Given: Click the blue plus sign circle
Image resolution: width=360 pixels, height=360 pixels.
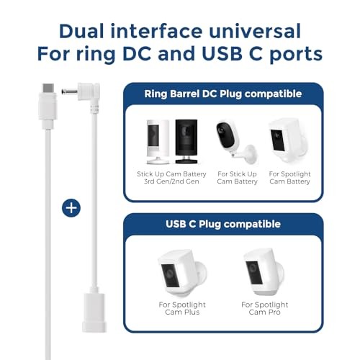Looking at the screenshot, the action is pyautogui.click(x=71, y=208).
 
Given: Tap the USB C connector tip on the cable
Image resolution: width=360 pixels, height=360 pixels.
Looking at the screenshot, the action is pyautogui.click(x=48, y=88).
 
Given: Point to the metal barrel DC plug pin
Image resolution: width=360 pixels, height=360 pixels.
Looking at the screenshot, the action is pyautogui.click(x=69, y=91).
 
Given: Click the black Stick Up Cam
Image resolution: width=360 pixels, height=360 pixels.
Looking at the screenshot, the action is pyautogui.click(x=186, y=141).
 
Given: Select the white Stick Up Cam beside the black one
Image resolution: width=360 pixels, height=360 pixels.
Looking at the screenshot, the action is pyautogui.click(x=158, y=142).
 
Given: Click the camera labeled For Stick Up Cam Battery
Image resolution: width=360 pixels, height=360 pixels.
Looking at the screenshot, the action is pyautogui.click(x=237, y=143).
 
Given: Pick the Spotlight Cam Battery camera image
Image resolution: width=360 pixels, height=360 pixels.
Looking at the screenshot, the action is pyautogui.click(x=289, y=140).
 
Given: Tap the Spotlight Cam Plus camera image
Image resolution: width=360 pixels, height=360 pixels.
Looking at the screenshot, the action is pyautogui.click(x=182, y=274).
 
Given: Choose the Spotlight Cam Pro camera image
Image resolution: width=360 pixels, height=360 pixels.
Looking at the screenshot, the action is pyautogui.click(x=264, y=272).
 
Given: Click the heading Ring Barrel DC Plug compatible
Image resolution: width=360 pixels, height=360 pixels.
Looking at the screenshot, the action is pyautogui.click(x=223, y=94).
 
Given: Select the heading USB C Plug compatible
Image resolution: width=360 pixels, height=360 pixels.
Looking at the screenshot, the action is pyautogui.click(x=223, y=224).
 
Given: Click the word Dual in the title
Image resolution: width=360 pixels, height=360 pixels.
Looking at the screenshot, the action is pyautogui.click(x=81, y=31).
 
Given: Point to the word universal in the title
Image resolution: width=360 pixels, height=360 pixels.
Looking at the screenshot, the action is pyautogui.click(x=255, y=31).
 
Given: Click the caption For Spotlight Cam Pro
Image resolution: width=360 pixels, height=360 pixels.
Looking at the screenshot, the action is pyautogui.click(x=264, y=308).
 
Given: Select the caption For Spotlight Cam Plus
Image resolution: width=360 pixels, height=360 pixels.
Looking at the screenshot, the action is pyautogui.click(x=182, y=308).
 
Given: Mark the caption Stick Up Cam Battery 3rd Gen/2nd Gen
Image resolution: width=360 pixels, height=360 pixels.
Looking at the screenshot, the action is pyautogui.click(x=171, y=178).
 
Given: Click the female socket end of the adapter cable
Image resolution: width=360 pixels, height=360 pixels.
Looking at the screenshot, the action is pyautogui.click(x=94, y=312).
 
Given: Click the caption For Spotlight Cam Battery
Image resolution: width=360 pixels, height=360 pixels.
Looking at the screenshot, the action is pyautogui.click(x=289, y=178).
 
